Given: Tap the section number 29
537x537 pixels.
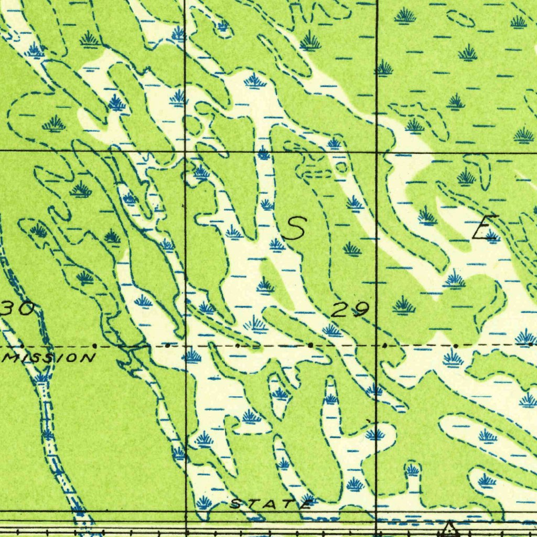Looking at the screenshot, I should point(350,310).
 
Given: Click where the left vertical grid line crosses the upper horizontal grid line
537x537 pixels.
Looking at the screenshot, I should point(186,151).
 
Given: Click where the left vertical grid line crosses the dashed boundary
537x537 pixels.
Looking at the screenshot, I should point(186,346).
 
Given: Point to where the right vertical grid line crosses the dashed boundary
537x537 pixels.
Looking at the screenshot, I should point(377,346).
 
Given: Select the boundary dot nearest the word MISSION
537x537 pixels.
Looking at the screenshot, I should point(94,346).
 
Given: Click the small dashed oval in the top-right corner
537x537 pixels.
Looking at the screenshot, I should point(461,19).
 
